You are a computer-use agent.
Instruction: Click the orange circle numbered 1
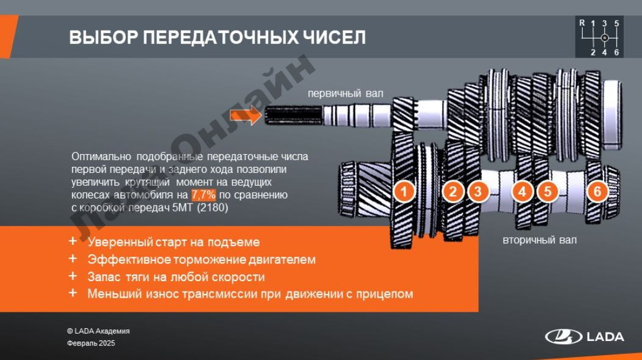click(404, 191)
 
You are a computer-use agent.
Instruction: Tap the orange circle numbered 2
click(453, 191)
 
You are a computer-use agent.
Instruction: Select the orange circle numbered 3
click(478, 191)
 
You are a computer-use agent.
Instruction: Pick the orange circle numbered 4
click(522, 191)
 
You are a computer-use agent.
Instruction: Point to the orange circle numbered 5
click(547, 191)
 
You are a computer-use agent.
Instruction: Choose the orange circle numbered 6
click(597, 191)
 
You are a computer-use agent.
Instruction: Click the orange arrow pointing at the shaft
click(246, 116)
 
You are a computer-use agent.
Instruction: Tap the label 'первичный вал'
click(346, 94)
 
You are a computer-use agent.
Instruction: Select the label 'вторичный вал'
click(539, 240)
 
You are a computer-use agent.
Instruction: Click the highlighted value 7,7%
click(203, 194)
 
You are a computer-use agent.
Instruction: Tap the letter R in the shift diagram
click(582, 23)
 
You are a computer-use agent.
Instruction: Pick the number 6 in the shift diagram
click(616, 53)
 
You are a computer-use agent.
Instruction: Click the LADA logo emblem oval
click(563, 337)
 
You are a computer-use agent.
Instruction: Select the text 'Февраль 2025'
click(91, 343)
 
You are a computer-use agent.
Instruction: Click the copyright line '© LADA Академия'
click(98, 331)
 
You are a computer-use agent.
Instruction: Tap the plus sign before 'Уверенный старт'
click(73, 241)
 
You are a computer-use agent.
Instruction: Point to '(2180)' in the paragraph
click(213, 207)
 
